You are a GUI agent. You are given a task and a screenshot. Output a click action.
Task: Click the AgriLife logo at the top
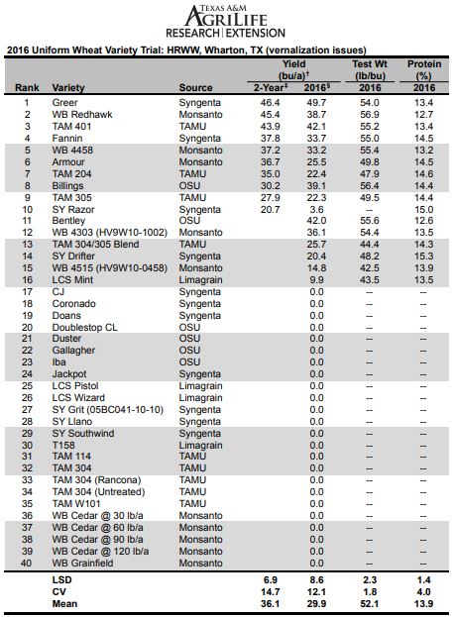pyautogui.click(x=225, y=21)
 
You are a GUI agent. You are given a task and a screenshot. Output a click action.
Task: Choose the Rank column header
pyautogui.click(x=27, y=87)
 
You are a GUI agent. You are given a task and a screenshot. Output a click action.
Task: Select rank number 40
pyautogui.click(x=28, y=564)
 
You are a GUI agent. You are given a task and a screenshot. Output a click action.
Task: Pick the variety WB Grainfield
pyautogui.click(x=89, y=564)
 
